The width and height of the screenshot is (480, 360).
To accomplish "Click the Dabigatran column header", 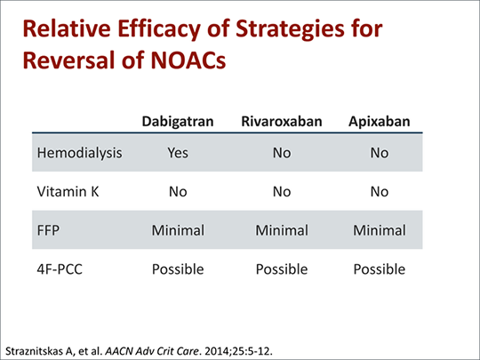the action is (x=178, y=122).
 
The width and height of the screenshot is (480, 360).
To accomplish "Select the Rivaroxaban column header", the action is (x=282, y=121).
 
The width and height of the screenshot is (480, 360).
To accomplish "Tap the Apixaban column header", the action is (x=380, y=122).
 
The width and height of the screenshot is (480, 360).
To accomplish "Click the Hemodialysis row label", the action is (x=80, y=153).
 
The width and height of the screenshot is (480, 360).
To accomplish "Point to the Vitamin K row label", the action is (x=68, y=192).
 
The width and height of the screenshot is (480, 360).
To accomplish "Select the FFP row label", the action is (x=48, y=230).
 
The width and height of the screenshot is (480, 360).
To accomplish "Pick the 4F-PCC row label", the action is (x=60, y=269).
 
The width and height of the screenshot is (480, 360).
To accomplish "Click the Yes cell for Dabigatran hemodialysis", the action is (x=178, y=153).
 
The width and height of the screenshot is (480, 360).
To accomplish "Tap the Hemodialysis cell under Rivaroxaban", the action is (x=282, y=153).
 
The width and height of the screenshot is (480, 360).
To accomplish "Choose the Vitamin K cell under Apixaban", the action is (x=380, y=192).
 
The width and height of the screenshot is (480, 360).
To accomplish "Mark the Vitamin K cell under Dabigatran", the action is (x=178, y=192).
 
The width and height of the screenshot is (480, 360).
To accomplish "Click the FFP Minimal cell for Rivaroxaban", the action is (x=282, y=230).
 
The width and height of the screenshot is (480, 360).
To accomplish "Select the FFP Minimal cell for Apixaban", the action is (x=380, y=230).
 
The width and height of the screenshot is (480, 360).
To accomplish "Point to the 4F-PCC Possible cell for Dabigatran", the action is (x=178, y=269).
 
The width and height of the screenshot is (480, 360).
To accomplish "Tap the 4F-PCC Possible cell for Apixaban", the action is (x=380, y=269).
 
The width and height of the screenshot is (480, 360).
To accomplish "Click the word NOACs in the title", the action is (x=188, y=60).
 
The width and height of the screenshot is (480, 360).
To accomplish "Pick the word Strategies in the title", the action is (x=290, y=28).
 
